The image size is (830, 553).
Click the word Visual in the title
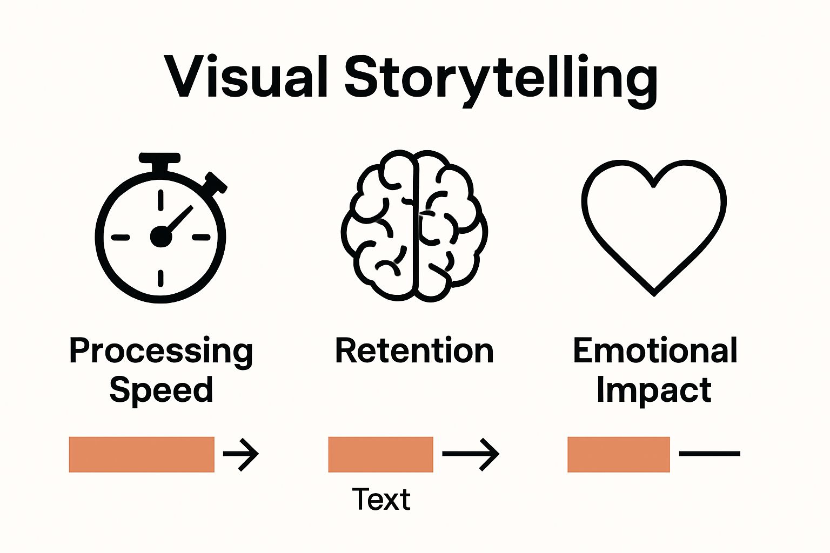click(x=246, y=77)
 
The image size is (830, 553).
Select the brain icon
click(x=414, y=225)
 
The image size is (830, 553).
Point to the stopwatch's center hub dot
click(x=160, y=237)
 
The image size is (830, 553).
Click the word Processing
click(x=161, y=351)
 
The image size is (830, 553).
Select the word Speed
click(x=161, y=390)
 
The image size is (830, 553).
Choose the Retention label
click(x=414, y=351)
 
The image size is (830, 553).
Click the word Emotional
click(x=655, y=351)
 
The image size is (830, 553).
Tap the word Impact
click(x=654, y=390)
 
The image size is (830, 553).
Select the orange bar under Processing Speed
click(x=142, y=454)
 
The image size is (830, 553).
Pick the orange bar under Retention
click(x=380, y=454)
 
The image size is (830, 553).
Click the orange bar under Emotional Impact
click(x=618, y=454)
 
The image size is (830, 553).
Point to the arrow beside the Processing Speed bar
click(x=241, y=454)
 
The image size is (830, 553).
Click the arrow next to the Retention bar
click(x=471, y=454)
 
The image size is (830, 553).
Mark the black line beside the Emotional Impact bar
click(x=709, y=454)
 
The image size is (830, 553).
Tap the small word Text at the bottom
click(x=381, y=499)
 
